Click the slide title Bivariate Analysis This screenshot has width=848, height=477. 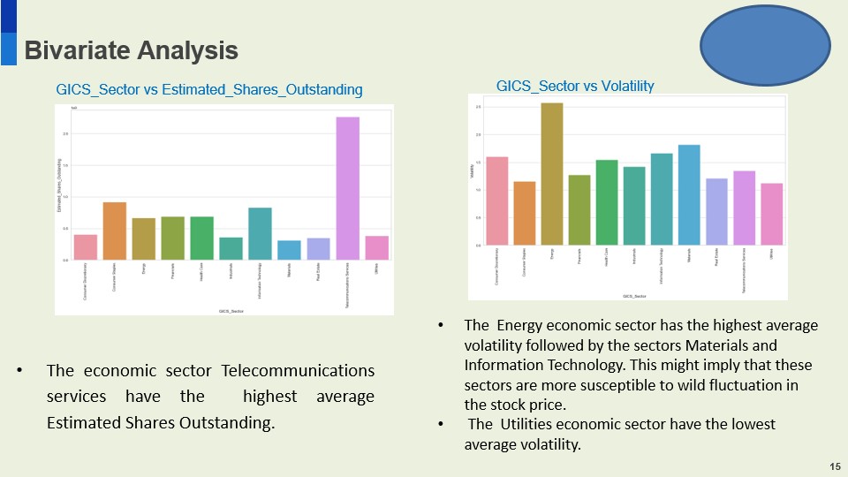tap(131, 51)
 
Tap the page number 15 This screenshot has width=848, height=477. tap(835, 466)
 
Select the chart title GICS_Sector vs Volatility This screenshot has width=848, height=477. tap(575, 86)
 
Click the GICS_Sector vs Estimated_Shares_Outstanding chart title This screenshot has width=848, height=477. tap(209, 89)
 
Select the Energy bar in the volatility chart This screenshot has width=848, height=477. tap(551, 174)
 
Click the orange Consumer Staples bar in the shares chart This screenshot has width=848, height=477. tap(114, 231)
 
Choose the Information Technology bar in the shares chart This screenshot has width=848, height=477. tap(260, 234)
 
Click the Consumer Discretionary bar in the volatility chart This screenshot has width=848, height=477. tap(496, 201)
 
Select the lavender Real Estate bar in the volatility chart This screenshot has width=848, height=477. tap(716, 212)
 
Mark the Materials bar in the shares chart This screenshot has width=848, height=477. tap(289, 250)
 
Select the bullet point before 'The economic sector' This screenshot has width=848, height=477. tap(19, 371)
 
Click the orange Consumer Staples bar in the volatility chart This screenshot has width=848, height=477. tap(524, 213)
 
